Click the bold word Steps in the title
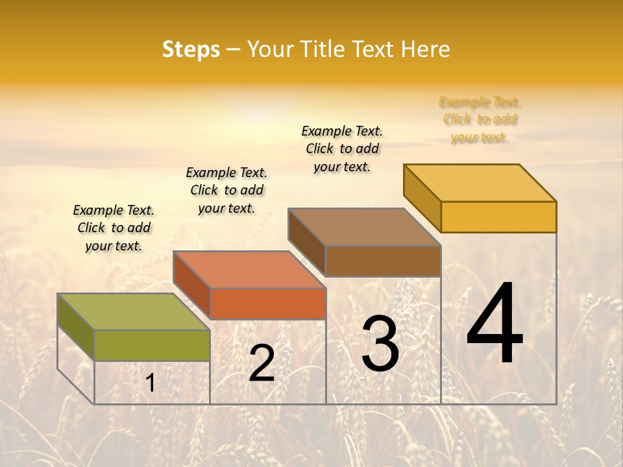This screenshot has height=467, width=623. point(191,49)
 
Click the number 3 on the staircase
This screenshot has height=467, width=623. point(380,344)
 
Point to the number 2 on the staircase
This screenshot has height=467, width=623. point(262,363)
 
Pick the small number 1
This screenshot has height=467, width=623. point(151,383)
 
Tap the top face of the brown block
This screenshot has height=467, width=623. point(365,227)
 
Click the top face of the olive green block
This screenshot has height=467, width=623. point(134,311)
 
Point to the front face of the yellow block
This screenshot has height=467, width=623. point(498,217)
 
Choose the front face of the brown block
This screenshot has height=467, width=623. point(383,261)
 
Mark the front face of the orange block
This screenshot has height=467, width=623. point(268,304)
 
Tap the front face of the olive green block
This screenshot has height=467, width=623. point(152,345)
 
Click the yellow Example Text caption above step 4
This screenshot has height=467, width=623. point(480,119)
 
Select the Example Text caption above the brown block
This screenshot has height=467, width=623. point(342,149)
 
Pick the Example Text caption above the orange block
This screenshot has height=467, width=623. point(226,190)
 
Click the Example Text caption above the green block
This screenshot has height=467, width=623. point(114,228)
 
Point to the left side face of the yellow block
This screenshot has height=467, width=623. point(422,197)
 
